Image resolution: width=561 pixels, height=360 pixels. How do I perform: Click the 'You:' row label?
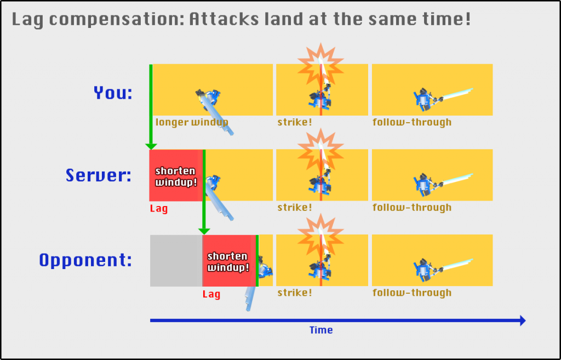click(x=113, y=93)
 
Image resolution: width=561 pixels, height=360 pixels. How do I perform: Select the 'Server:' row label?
click(x=99, y=175)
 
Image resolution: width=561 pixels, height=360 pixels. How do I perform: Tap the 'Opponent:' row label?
click(x=85, y=260)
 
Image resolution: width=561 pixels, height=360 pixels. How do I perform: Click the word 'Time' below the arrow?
click(x=321, y=330)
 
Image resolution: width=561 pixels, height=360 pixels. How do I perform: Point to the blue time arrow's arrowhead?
click(x=522, y=321)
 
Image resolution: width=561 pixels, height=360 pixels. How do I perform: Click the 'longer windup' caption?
click(x=192, y=122)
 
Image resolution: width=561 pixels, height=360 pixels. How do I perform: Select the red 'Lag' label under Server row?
click(x=159, y=208)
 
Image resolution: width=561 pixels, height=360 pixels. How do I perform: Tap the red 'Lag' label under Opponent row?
click(x=211, y=294)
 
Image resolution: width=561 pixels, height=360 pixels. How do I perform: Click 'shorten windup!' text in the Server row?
click(x=176, y=176)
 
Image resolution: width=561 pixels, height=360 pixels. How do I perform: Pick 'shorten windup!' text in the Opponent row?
click(x=228, y=262)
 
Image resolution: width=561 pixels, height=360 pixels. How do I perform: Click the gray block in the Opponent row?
click(x=176, y=260)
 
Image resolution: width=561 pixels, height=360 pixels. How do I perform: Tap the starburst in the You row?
click(x=320, y=65)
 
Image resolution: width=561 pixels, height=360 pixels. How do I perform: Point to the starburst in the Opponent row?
click(x=320, y=236)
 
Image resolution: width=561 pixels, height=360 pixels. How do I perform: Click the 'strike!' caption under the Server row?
click(x=295, y=208)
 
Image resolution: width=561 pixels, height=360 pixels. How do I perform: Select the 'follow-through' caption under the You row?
click(x=412, y=122)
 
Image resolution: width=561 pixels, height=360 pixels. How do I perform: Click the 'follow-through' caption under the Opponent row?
click(x=412, y=293)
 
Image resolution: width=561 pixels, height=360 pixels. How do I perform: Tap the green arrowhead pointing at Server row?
click(x=151, y=146)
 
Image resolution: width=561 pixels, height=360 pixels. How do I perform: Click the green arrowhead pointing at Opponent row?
click(x=204, y=232)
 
